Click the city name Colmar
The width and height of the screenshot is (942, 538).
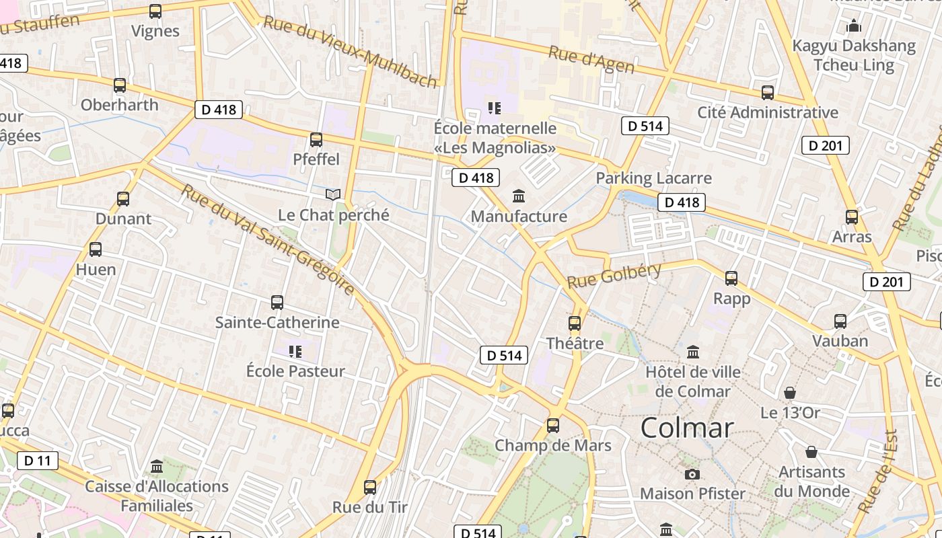[686, 428]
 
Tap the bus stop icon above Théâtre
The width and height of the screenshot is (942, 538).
[575, 323]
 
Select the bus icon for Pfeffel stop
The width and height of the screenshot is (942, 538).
[316, 140]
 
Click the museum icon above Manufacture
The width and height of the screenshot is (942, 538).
[519, 196]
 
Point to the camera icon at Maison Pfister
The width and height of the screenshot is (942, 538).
[692, 474]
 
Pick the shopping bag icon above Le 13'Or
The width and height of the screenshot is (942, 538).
[790, 393]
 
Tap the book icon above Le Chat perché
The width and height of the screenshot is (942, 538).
[333, 195]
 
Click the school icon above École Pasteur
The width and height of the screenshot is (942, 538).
[295, 351]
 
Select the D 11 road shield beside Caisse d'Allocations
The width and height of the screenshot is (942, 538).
[37, 461]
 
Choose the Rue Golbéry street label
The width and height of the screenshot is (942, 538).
[614, 276]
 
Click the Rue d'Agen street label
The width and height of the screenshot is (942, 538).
[591, 59]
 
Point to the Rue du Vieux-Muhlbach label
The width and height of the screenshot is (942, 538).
[350, 51]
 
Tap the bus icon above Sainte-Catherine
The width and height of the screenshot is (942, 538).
[277, 303]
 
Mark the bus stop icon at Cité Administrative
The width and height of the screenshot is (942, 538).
[768, 93]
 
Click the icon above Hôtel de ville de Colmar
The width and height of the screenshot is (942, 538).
[693, 352]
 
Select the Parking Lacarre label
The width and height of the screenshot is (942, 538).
[653, 178]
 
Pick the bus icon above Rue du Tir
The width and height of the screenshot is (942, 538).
[370, 488]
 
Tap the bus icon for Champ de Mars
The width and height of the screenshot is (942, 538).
[553, 426]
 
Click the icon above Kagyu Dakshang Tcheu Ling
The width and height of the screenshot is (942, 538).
[855, 26]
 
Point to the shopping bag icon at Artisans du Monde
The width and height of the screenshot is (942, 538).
[811, 452]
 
